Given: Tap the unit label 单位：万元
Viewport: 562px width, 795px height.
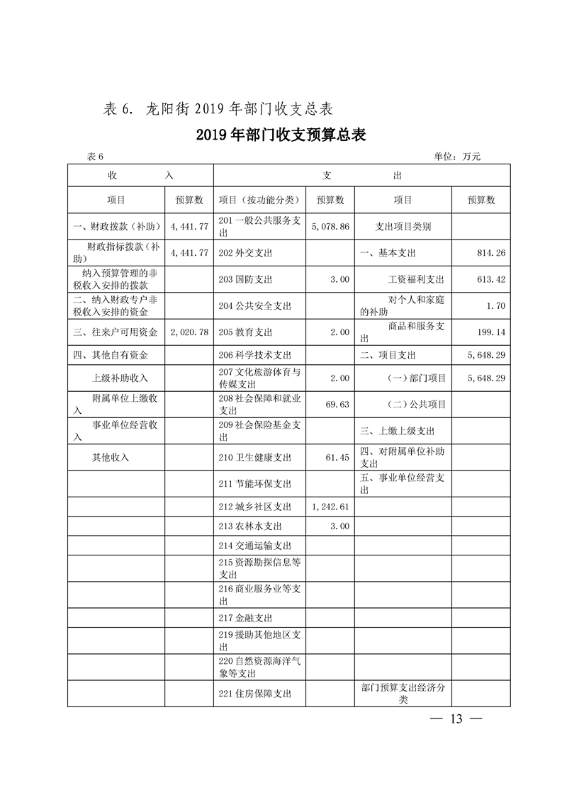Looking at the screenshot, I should pyautogui.click(x=457, y=157).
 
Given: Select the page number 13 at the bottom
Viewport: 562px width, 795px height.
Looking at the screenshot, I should pyautogui.click(x=456, y=719).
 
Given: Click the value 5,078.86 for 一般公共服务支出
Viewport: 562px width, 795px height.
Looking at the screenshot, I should pyautogui.click(x=330, y=227).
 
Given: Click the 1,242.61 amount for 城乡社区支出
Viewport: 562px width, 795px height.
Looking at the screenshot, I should pyautogui.click(x=330, y=507).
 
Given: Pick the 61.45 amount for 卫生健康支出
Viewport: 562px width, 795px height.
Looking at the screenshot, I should pyautogui.click(x=338, y=458).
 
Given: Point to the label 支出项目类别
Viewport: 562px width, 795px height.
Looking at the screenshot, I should pyautogui.click(x=403, y=227).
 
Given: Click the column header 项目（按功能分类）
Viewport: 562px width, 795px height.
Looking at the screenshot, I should pyautogui.click(x=260, y=201).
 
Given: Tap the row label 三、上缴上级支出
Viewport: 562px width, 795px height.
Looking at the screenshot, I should pyautogui.click(x=397, y=431).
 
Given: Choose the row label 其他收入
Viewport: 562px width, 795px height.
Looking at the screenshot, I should pyautogui.click(x=111, y=458).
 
